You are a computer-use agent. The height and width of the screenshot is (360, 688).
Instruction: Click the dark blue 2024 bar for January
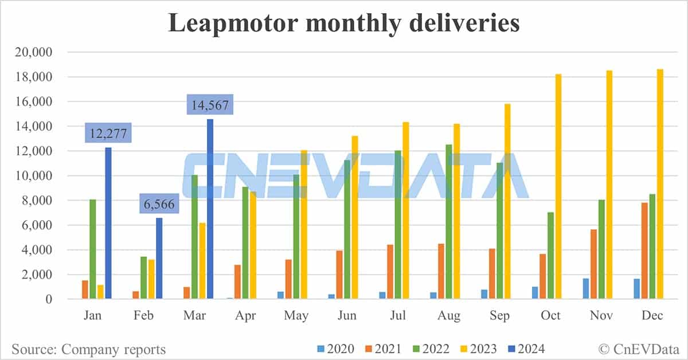[x=108, y=224]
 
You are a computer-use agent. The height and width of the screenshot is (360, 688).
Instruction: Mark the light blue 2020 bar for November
[x=586, y=288]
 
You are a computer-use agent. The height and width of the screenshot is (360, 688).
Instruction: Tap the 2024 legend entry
[x=525, y=349]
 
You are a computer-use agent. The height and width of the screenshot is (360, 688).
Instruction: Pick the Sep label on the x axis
[x=500, y=315]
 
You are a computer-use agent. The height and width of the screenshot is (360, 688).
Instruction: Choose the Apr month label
[x=245, y=315]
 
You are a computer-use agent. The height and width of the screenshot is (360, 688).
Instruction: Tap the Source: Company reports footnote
[x=89, y=349]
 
